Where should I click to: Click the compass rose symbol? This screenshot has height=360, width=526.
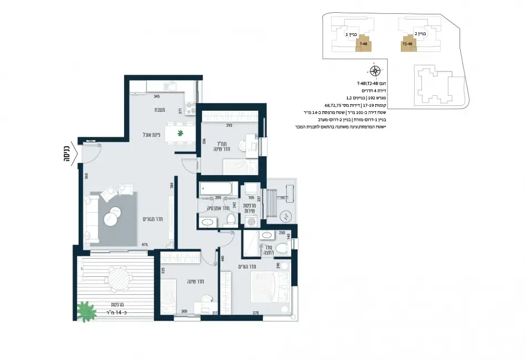coord(375,70)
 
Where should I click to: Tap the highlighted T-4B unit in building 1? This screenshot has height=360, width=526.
coord(363,44)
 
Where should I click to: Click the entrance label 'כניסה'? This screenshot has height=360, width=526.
coord(65,152)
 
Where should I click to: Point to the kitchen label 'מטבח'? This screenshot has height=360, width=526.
coord(161,110)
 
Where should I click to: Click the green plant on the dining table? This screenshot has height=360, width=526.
coord(180,133)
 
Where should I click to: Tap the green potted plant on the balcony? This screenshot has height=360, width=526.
coord(86,311)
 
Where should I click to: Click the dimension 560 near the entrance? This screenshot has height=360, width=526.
coord(86,176)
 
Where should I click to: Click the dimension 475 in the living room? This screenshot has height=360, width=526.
coord(145,244)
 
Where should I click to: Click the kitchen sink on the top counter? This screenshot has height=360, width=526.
coord(171,86)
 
